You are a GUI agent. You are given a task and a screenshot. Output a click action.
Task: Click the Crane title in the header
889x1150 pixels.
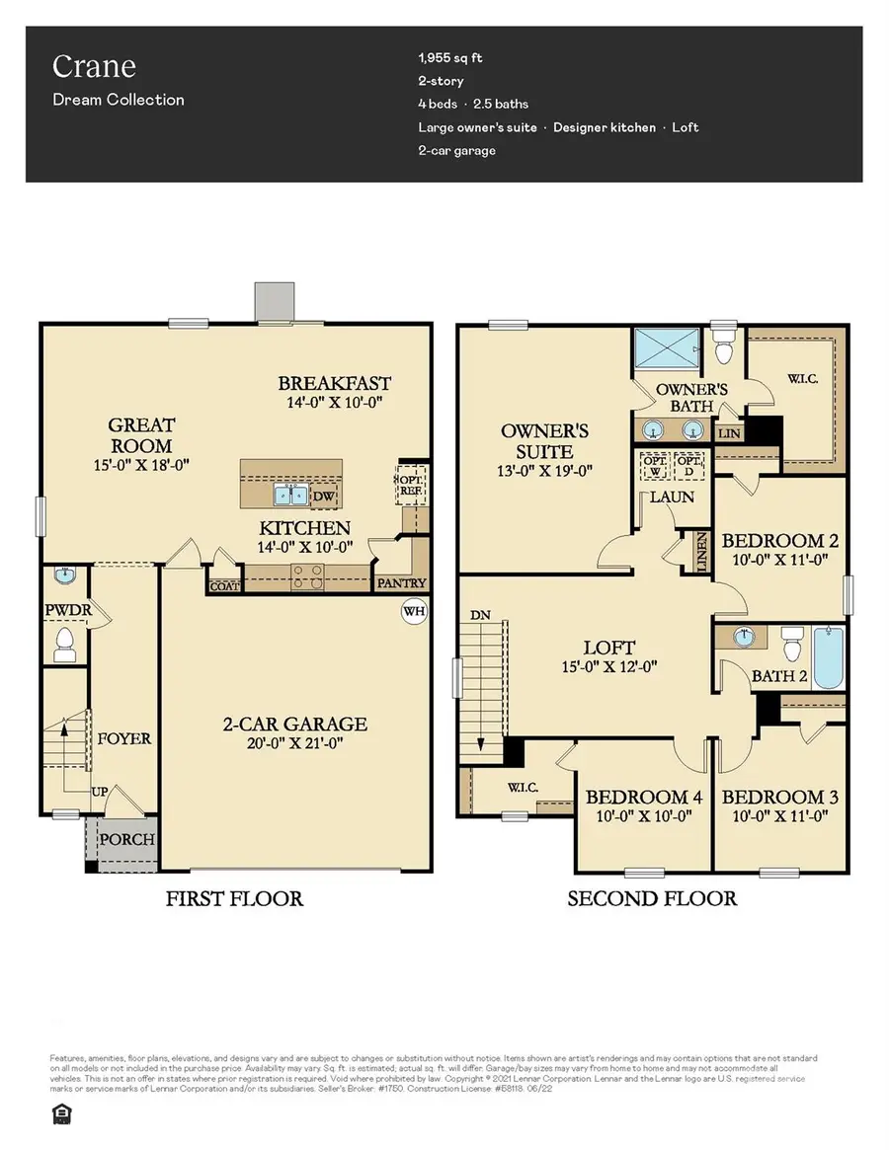coord(94,67)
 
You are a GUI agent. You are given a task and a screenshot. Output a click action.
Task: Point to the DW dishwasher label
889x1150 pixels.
coord(324,497)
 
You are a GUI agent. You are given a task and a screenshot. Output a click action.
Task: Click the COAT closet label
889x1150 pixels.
coord(224,586)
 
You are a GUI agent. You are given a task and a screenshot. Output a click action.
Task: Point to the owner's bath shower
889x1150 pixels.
coord(667,347)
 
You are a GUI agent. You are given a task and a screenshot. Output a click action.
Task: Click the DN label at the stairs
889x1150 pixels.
coord(481,614)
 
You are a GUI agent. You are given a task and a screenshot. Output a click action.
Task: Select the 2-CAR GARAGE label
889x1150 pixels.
coord(295,724)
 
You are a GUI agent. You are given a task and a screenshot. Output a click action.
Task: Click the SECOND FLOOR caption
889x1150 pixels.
coord(651,898)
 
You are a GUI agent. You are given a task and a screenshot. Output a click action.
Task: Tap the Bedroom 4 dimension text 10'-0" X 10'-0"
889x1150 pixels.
coord(637,816)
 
